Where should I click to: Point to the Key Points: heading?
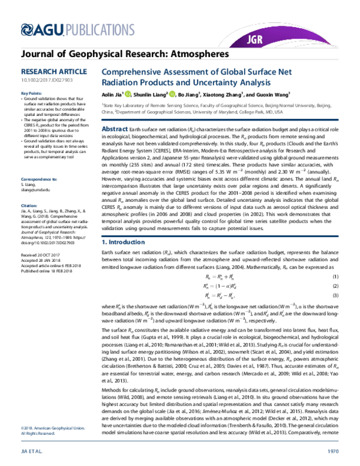(31, 94)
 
